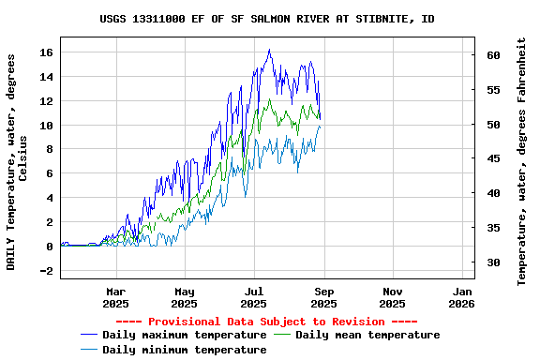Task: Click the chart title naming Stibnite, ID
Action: point(267,19)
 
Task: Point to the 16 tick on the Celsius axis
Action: point(46,52)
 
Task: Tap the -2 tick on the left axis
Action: point(46,271)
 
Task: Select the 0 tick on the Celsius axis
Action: point(50,247)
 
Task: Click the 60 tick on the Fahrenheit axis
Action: point(493,55)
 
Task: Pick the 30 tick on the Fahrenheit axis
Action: point(493,262)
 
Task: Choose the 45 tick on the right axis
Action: point(493,159)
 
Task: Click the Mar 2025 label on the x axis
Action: point(115,297)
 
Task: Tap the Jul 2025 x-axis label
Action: point(254,297)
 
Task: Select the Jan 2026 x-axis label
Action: point(461,297)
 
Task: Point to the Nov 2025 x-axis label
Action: point(393,297)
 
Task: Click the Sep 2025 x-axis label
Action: point(323,297)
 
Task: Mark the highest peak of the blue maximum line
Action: point(269,50)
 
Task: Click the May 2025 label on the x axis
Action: point(185,297)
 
